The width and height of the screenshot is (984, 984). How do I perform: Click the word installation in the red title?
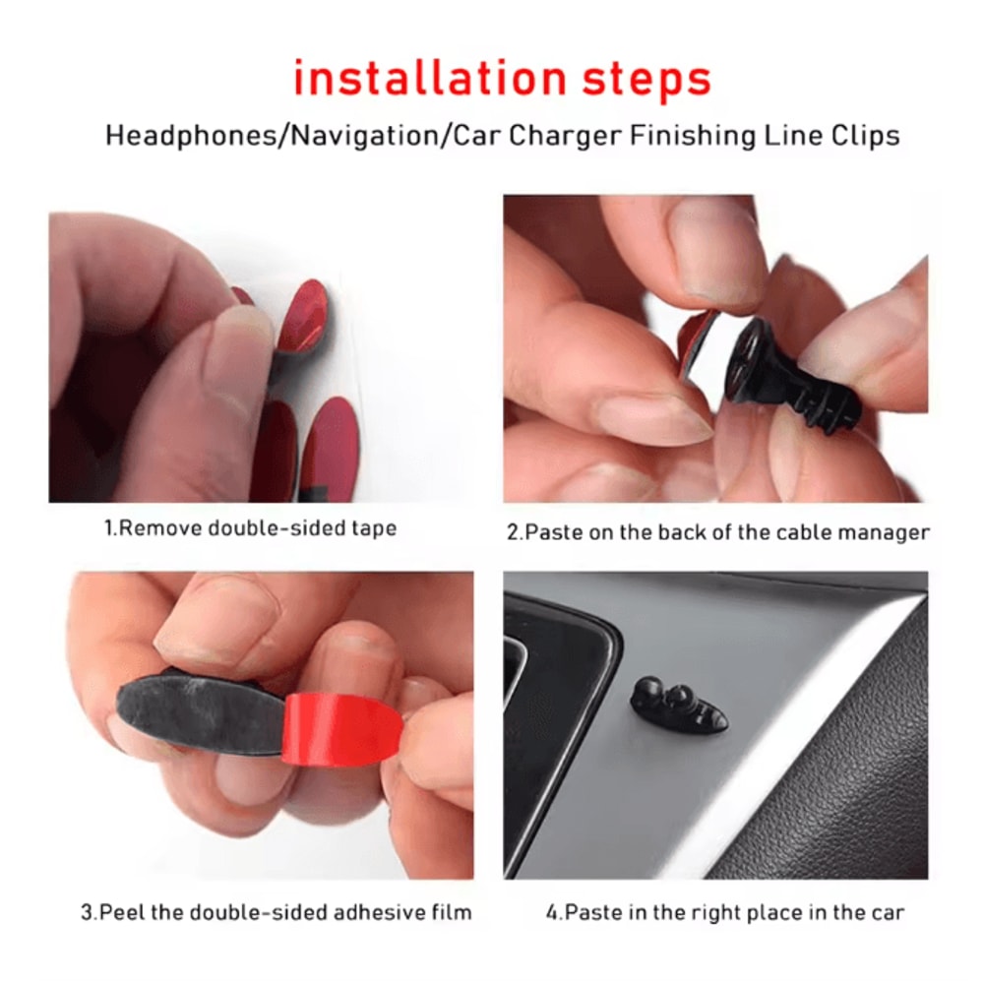428,79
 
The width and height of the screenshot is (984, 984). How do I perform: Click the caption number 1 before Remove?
109,528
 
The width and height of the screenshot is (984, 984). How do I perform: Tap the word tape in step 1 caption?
374,528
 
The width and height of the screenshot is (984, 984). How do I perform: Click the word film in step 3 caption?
451,912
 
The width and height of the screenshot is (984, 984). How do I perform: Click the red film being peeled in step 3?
339,728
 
